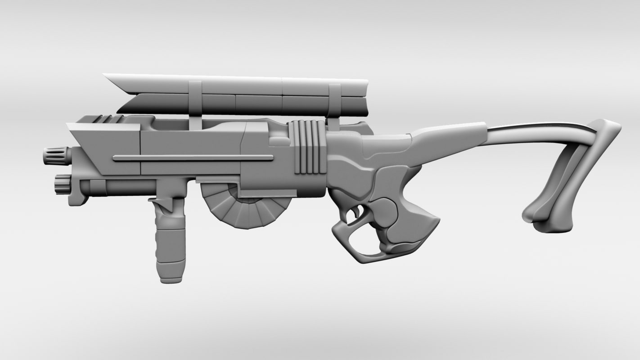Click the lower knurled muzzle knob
[x=62, y=184]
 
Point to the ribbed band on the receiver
[x=308, y=147]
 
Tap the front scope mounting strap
[x=195, y=99]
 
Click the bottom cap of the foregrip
[x=171, y=278]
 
